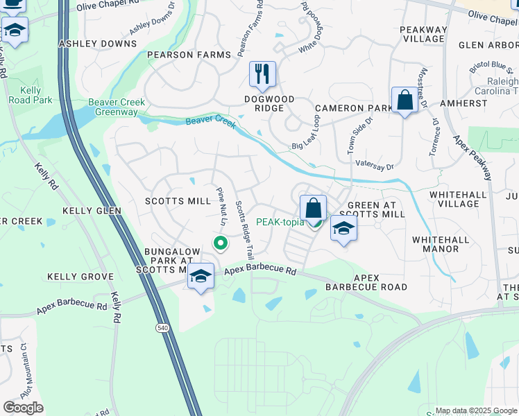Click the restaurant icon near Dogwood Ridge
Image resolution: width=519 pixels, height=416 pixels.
click(x=262, y=74)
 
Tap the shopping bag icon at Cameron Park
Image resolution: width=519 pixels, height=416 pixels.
click(x=405, y=100)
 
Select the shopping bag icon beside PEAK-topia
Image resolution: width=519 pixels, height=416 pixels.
click(x=313, y=207)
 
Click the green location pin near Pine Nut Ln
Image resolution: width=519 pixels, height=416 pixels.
click(x=220, y=243)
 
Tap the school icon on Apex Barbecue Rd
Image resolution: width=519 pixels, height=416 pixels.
click(x=201, y=277)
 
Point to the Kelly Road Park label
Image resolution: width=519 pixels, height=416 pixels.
click(x=31, y=95)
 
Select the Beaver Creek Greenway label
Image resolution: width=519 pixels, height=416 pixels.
click(x=117, y=107)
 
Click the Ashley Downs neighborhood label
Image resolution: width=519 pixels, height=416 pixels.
click(x=98, y=44)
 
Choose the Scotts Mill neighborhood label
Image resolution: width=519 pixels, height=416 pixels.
click(x=178, y=201)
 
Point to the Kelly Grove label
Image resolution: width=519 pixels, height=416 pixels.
click(x=80, y=277)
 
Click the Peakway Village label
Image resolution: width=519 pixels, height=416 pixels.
click(x=423, y=34)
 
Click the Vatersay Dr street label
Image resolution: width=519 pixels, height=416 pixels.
click(x=374, y=167)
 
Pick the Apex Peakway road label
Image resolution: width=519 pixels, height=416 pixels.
click(x=473, y=157)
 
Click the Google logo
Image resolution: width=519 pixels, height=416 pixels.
click(x=23, y=408)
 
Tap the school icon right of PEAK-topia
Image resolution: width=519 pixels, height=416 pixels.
click(x=343, y=229)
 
